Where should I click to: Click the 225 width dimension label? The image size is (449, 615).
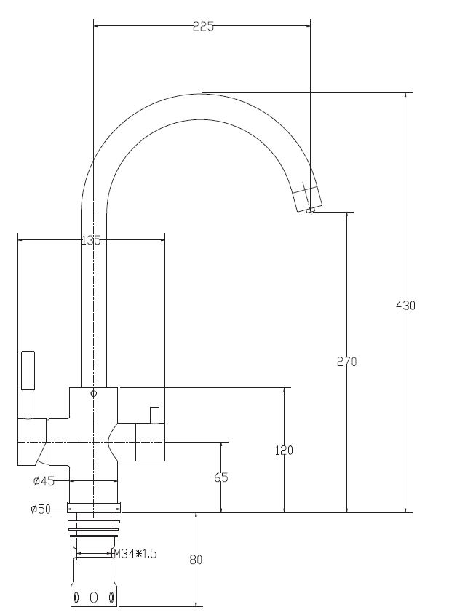click(204, 26)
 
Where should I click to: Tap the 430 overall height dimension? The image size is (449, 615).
click(405, 305)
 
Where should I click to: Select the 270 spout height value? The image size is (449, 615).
click(347, 361)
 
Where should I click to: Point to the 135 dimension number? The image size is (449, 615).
click(91, 240)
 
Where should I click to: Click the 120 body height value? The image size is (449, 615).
click(284, 451)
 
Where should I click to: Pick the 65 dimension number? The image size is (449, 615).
click(221, 477)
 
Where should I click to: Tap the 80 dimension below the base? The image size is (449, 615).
click(196, 560)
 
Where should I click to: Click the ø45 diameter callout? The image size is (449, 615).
click(44, 481)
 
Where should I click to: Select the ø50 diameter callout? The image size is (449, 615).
click(41, 509)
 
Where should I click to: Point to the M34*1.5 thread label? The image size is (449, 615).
click(135, 554)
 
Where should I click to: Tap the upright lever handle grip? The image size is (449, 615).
click(28, 370)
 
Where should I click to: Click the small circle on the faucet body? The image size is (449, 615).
click(93, 394)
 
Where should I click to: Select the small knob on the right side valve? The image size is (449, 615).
click(154, 416)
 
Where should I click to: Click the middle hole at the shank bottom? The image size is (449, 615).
click(93, 597)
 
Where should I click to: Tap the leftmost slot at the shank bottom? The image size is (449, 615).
click(76, 598)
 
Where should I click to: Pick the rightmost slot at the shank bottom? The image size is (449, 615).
click(112, 598)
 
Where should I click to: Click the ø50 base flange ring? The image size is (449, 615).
click(93, 507)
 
